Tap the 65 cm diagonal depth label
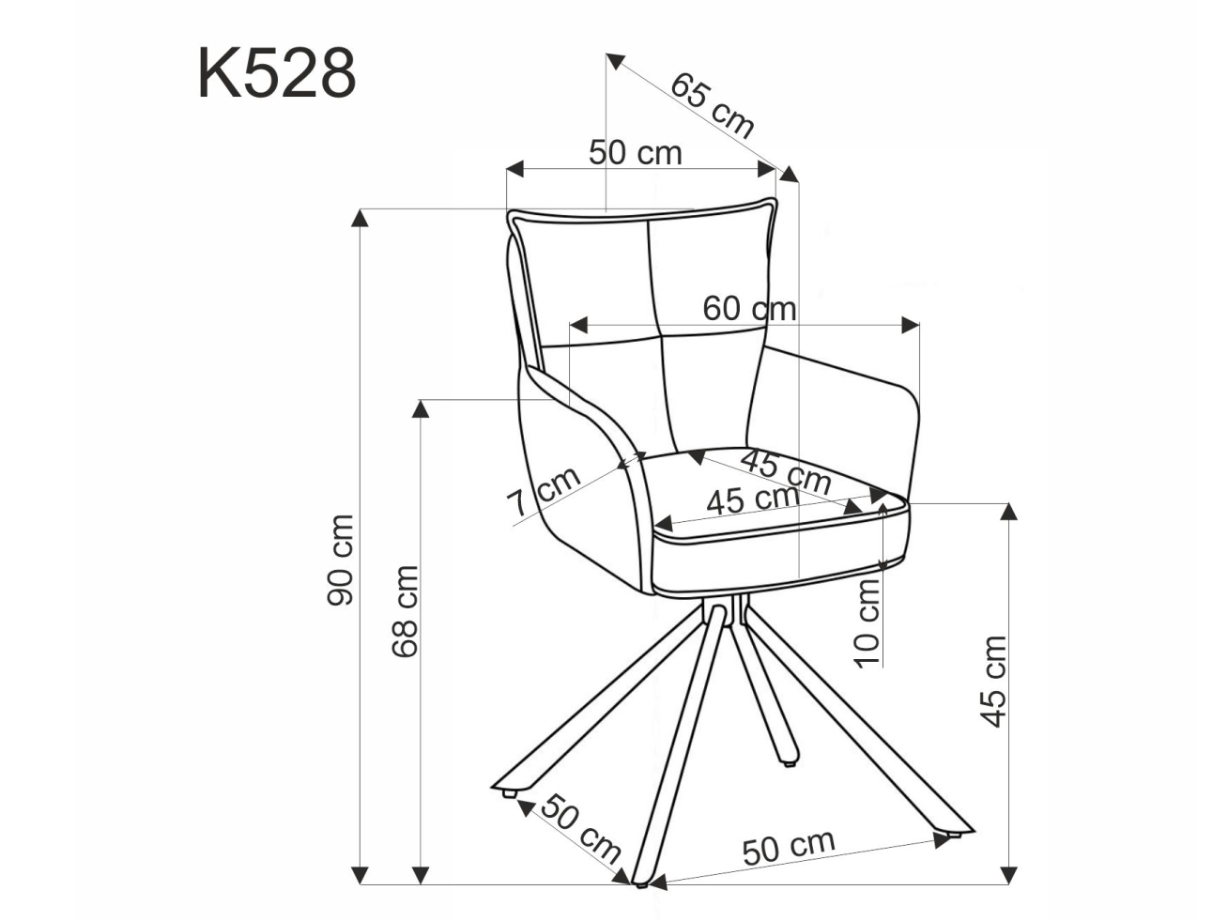point(712,105)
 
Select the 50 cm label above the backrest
point(636,152)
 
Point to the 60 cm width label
point(749,308)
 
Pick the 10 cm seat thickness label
point(868,622)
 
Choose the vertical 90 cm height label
point(340,560)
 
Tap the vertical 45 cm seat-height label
point(993,681)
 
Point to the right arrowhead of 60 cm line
point(910,325)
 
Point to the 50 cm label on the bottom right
point(788,847)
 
